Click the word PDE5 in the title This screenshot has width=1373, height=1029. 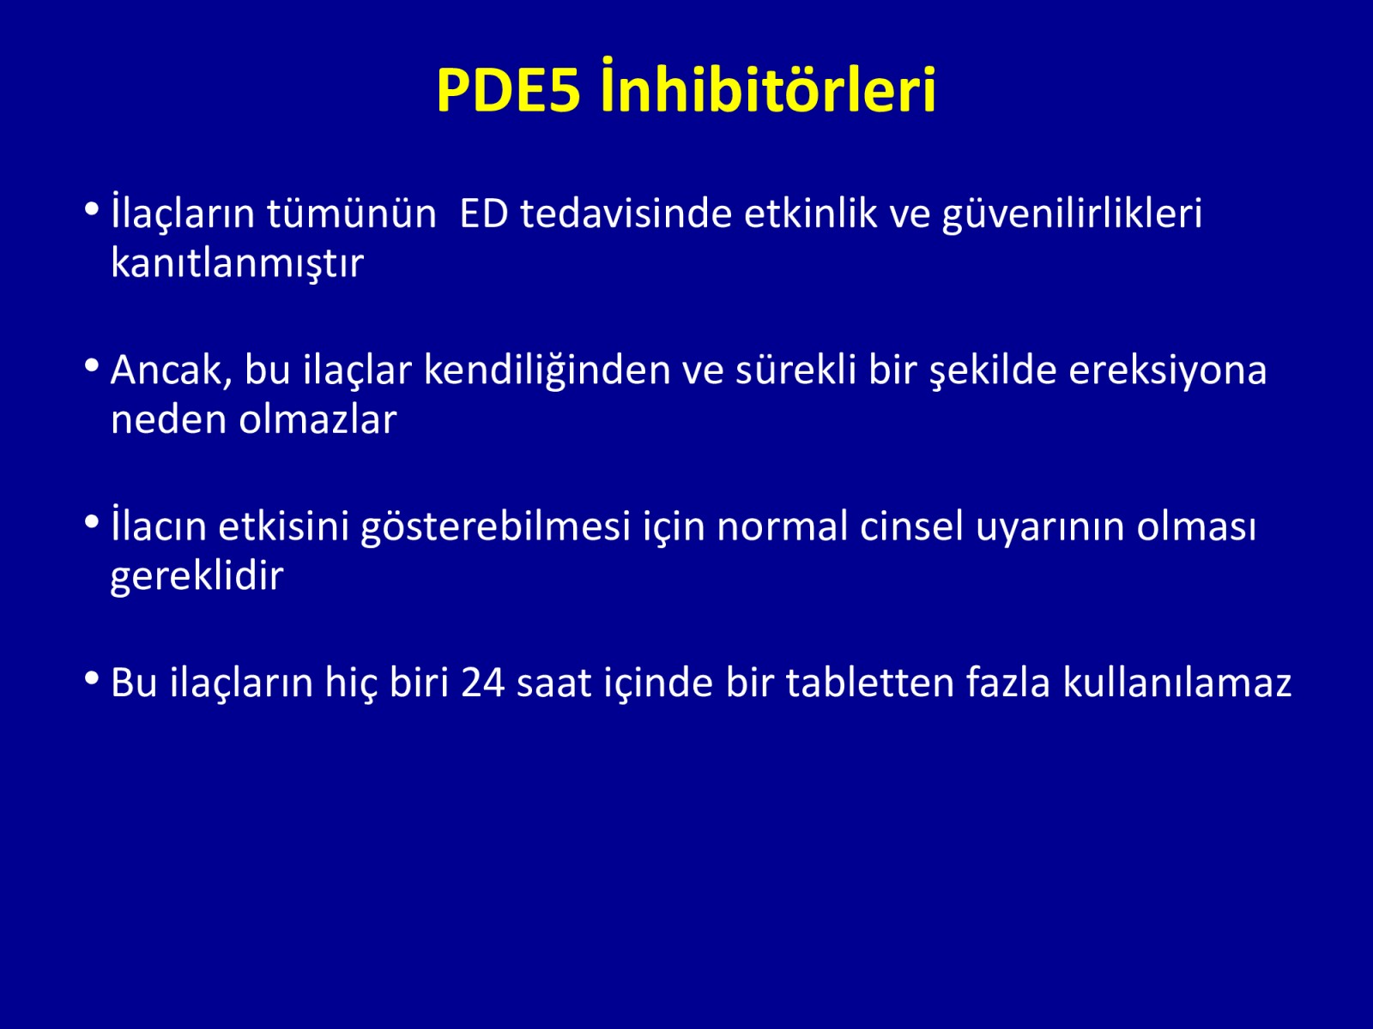(509, 90)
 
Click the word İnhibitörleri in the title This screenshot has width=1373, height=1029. (767, 86)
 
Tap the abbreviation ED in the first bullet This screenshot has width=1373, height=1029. (483, 214)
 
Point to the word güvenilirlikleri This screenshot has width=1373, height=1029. (1072, 214)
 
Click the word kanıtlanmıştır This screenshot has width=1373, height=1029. (237, 262)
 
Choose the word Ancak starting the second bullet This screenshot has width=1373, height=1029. (171, 370)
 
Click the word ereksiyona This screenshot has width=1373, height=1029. (1167, 371)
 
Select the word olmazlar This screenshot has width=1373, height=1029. (318, 418)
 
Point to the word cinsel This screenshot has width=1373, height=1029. (911, 526)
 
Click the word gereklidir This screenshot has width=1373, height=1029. (197, 576)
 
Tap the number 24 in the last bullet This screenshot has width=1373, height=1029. (483, 683)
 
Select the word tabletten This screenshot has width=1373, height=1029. (869, 682)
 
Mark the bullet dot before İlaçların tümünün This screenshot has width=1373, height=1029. (91, 208)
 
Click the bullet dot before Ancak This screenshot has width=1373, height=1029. (91, 365)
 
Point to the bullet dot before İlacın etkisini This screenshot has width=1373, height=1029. (91, 521)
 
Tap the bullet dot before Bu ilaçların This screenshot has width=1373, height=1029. (91, 678)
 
